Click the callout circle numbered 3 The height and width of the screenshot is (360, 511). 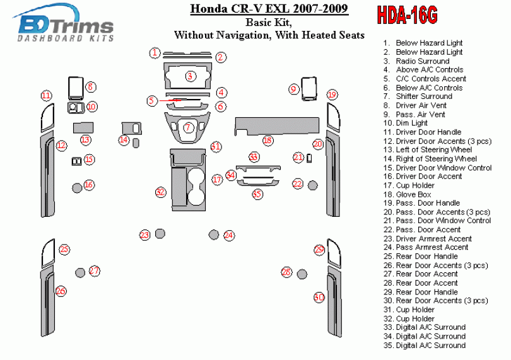coord(190,76)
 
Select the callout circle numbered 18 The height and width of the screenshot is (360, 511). coord(268,141)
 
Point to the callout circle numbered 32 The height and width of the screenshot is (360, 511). coord(160,192)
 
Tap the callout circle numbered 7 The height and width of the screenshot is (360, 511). coord(187,128)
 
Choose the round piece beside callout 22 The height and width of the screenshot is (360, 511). coord(312,185)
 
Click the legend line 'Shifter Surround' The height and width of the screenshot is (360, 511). coord(423,96)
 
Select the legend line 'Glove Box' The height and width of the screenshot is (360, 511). coord(414,195)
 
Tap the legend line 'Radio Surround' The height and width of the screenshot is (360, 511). coord(422,61)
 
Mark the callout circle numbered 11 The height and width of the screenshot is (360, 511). coord(46,96)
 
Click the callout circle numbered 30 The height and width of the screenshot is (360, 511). coord(319,297)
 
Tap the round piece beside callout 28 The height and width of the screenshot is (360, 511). coord(302,274)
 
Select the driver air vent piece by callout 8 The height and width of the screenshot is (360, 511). coord(75,88)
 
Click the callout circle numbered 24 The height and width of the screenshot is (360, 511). coord(229,235)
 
